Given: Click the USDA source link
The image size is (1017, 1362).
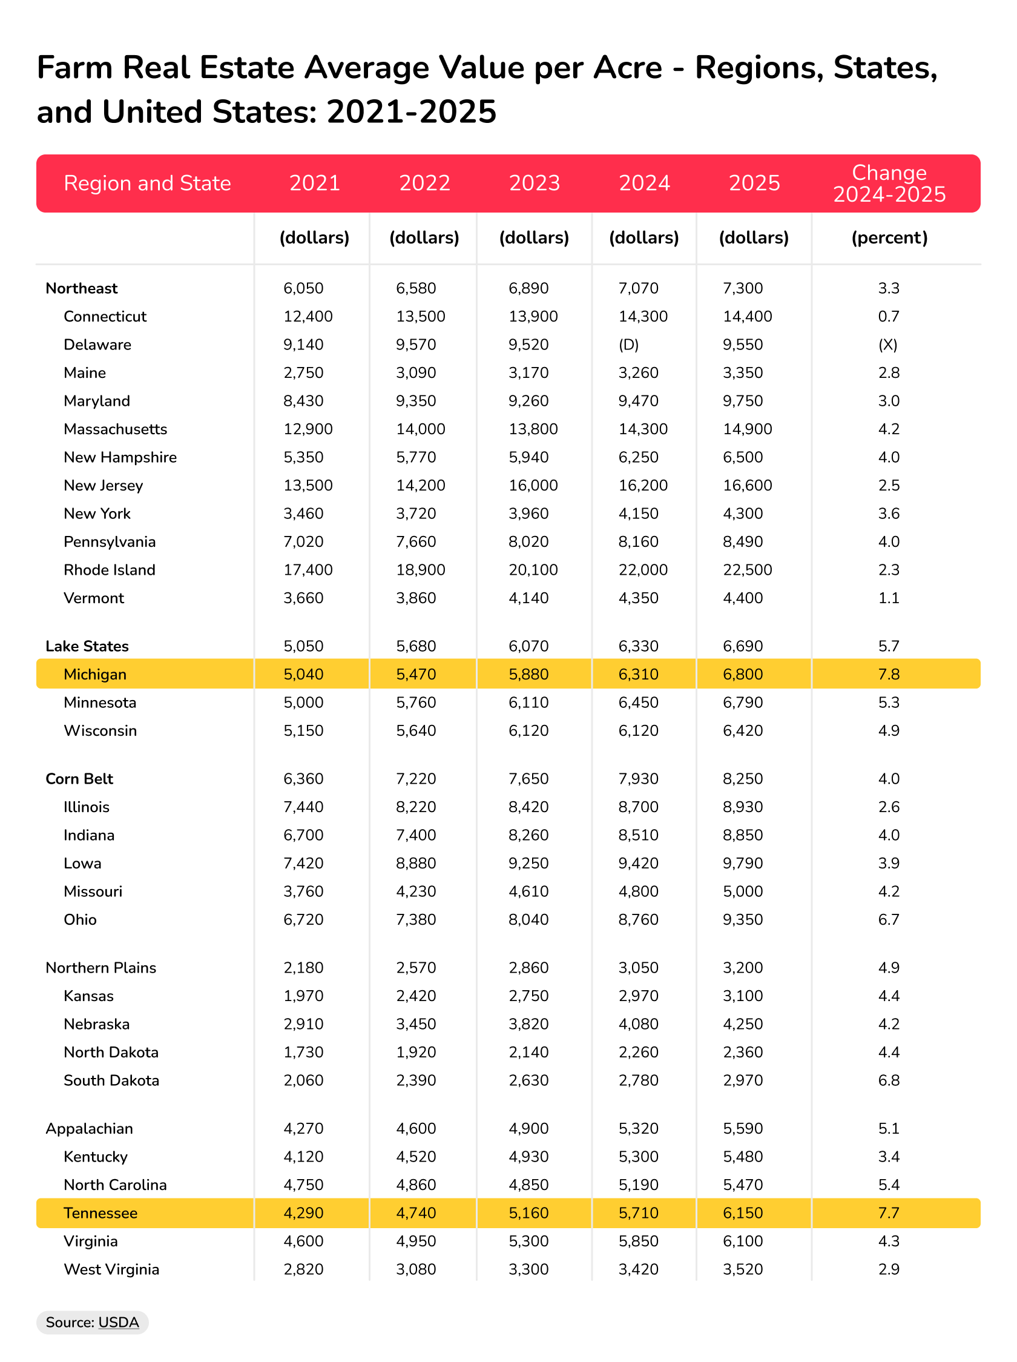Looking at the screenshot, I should (119, 1322).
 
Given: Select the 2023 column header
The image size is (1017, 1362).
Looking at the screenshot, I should (535, 183).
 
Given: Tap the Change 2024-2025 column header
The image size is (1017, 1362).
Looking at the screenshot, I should (889, 183).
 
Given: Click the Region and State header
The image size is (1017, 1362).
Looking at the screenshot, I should (147, 183).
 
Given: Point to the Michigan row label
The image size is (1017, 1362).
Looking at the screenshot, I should (95, 674).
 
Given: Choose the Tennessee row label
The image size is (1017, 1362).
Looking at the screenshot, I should (100, 1213).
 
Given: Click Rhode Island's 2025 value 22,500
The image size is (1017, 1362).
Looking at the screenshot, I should (748, 569).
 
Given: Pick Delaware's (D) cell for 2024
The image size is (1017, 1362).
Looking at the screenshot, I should (628, 344).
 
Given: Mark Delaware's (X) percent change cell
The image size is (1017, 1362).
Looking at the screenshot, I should (887, 344).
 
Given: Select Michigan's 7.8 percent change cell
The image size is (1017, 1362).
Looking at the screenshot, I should (889, 674).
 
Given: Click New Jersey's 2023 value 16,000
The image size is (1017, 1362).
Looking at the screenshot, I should (533, 485).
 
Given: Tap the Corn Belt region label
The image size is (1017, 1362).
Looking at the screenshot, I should (79, 779).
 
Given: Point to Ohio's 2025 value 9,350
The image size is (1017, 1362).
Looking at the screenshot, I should (742, 919).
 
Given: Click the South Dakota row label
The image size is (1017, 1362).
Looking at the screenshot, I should (111, 1080).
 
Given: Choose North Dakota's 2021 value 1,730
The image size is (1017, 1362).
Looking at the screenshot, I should (303, 1053).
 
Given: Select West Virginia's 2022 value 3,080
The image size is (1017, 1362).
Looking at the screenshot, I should (416, 1269).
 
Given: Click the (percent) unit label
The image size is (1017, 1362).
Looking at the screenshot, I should (889, 237).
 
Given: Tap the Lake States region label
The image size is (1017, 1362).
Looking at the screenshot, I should (87, 646).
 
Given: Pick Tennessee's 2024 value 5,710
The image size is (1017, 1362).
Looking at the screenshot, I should (639, 1213).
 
